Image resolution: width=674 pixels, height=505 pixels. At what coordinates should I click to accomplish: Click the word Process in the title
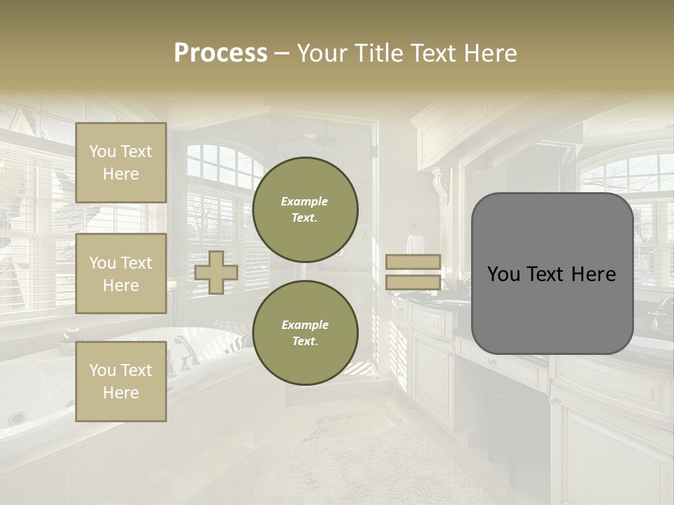220,53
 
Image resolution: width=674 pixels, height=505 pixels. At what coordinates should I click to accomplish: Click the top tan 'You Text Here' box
121,163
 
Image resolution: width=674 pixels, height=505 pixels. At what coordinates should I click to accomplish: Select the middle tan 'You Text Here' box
121,274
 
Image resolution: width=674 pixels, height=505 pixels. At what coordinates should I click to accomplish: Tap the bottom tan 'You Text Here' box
121,382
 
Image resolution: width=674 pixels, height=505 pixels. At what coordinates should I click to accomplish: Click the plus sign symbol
216,273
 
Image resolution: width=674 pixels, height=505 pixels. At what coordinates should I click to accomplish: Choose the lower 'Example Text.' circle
305,332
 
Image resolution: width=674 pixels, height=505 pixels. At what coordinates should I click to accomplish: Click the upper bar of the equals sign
413,262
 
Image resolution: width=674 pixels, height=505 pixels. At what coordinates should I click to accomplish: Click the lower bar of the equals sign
413,283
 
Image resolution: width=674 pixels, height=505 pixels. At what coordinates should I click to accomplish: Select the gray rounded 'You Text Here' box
552,274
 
